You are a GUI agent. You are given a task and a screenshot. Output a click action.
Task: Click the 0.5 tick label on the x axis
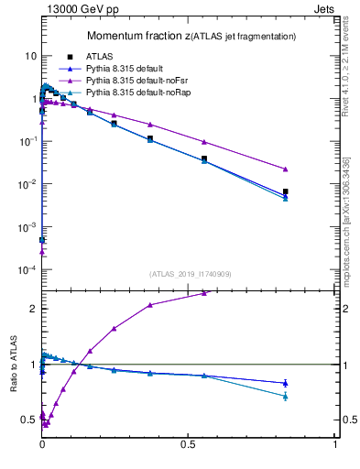point(189,444)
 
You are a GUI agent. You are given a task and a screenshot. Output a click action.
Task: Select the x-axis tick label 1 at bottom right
point(336,444)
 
